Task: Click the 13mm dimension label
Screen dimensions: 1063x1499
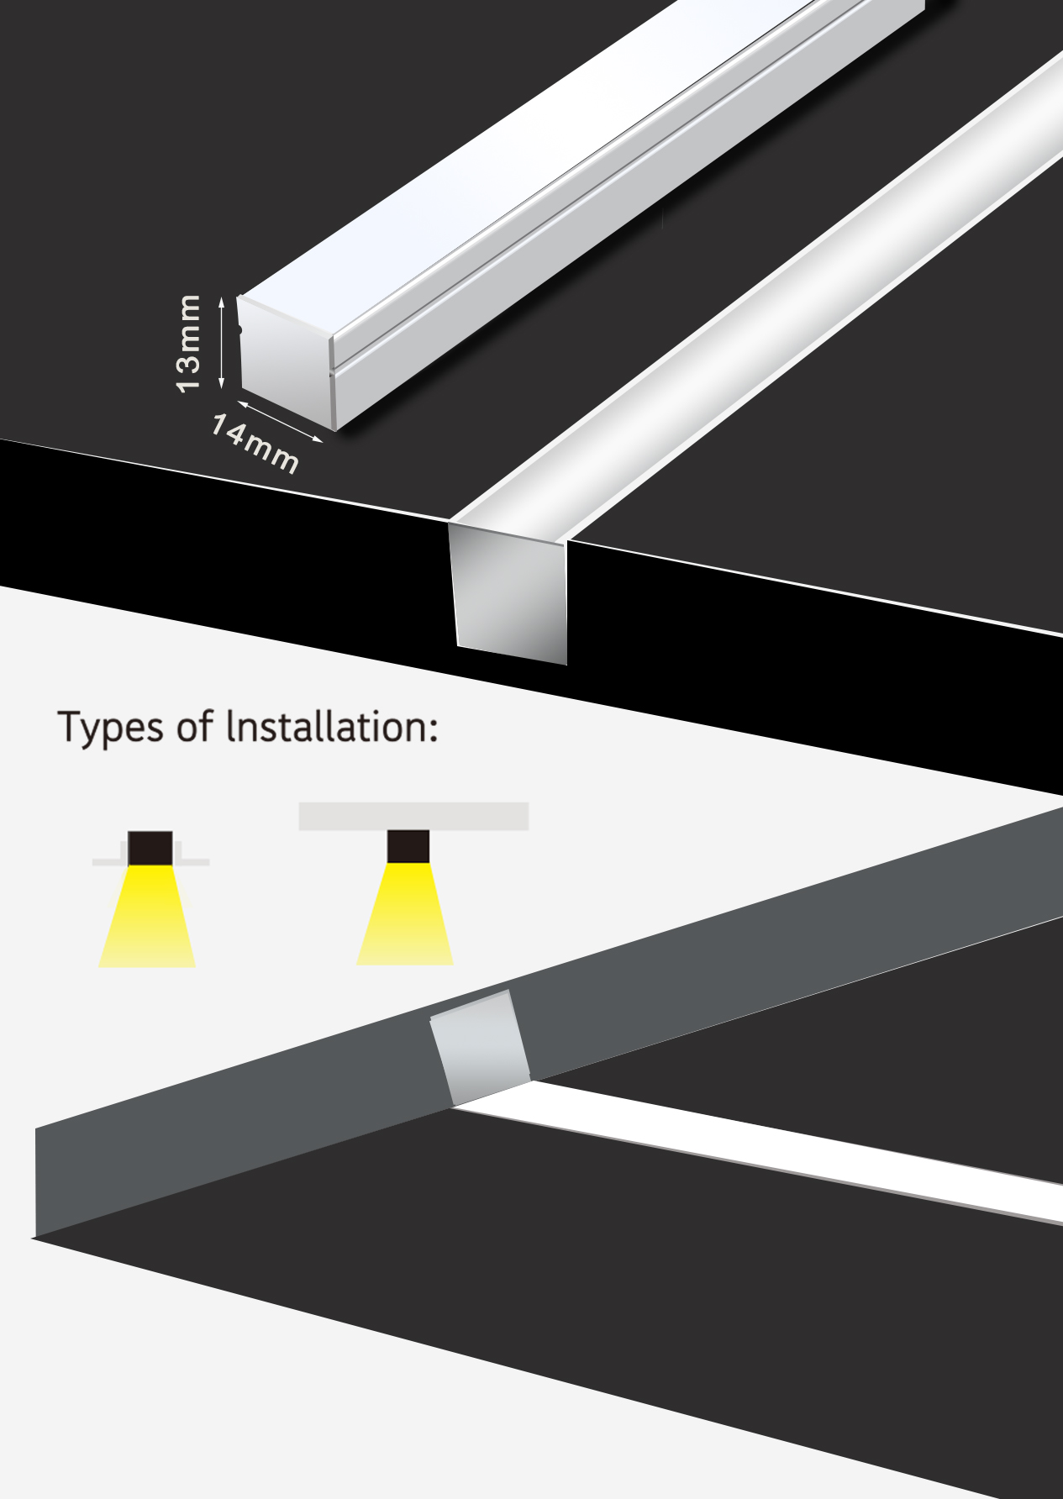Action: tap(188, 343)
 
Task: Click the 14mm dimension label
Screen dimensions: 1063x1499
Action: tap(255, 444)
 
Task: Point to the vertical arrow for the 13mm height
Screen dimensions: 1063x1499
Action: tap(222, 342)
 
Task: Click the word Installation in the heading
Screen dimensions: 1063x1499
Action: tap(328, 727)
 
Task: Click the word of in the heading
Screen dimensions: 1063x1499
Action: tap(196, 726)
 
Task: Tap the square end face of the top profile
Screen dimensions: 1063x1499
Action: tap(287, 362)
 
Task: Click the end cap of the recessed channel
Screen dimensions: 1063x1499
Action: tap(509, 592)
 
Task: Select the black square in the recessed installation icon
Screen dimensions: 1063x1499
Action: tap(150, 849)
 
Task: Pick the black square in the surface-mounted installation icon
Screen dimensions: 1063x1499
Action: tap(408, 846)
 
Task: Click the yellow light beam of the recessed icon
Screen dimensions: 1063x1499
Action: tap(148, 916)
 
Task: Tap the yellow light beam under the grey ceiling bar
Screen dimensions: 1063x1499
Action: tap(406, 913)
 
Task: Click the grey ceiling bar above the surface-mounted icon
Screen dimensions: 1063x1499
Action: tap(413, 816)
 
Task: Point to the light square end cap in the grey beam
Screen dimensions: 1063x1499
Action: tap(480, 1047)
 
